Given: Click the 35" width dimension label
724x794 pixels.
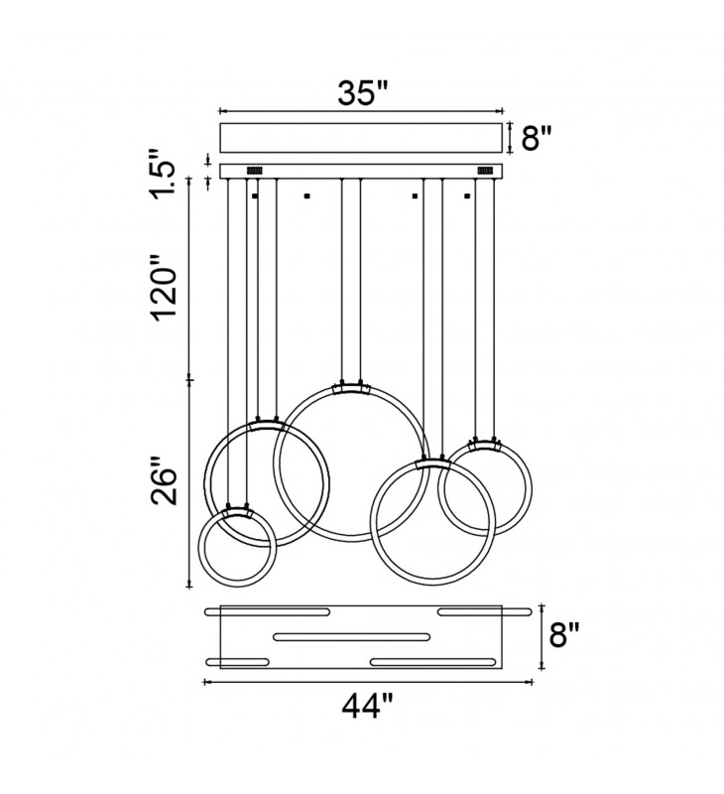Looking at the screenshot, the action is pos(362,92).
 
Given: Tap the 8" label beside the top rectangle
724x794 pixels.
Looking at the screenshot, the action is pos(537,137).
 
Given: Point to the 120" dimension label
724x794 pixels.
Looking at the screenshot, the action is pos(165,288).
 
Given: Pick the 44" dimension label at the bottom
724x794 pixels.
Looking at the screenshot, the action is pos(367,706).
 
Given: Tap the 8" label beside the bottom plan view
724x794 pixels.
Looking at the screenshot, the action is pos(564,635).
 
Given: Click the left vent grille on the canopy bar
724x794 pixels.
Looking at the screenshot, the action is pos(254,171).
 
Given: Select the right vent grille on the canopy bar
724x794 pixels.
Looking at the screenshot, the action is pos(486,171).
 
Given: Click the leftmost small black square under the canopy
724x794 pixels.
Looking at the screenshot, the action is pos(255,196).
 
